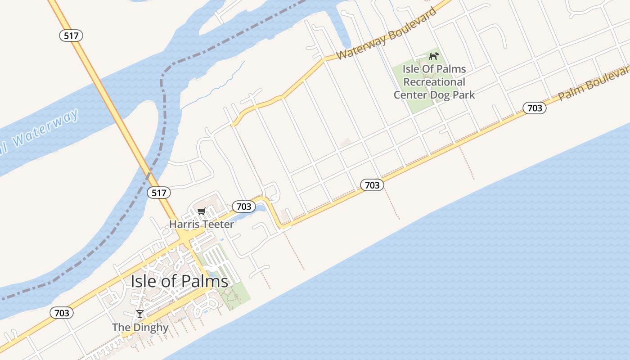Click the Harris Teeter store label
tap(201, 224)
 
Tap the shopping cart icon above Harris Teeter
tap(202, 211)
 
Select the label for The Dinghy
tap(140, 328)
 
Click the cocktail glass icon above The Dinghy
tap(140, 314)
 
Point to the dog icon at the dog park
tap(434, 56)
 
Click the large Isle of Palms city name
tap(179, 281)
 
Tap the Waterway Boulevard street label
tap(386, 34)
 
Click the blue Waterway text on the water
tap(45, 128)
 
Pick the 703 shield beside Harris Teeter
tap(243, 207)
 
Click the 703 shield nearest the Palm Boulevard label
tap(534, 108)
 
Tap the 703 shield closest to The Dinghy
tap(61, 313)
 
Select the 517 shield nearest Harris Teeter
tap(159, 193)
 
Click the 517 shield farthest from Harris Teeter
tap(71, 36)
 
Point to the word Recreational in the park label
tap(434, 82)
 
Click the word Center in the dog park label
tap(411, 95)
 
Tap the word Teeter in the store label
tap(219, 224)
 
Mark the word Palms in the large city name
tap(206, 281)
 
